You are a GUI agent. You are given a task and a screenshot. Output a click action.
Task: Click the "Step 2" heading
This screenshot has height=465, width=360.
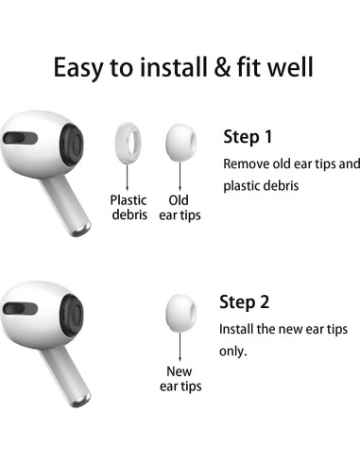click(x=245, y=302)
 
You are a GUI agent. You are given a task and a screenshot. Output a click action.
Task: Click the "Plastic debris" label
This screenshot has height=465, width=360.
click(x=129, y=208)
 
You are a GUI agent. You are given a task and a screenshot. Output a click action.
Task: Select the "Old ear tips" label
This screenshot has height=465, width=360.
click(x=179, y=208)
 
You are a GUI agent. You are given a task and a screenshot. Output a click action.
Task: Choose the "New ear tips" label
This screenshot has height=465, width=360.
click(x=179, y=378)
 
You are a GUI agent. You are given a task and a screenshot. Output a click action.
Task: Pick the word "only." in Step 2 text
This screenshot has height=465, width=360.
click(x=233, y=351)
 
